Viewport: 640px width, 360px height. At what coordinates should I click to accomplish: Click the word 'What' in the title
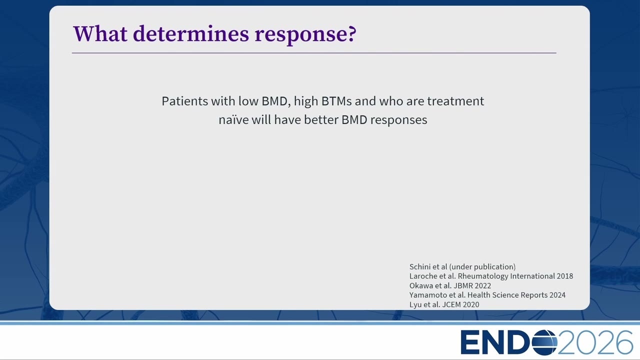[x=100, y=34]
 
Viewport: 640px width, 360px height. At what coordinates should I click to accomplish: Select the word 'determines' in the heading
[x=191, y=34]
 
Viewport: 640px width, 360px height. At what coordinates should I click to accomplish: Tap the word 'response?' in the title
[x=305, y=35]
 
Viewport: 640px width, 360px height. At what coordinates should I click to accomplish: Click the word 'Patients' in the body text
[x=185, y=101]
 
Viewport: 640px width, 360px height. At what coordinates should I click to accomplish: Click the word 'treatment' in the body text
[x=455, y=101]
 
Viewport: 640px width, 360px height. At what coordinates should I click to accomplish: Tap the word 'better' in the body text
[x=321, y=119]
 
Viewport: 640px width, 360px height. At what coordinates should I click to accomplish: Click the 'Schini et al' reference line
[x=462, y=267]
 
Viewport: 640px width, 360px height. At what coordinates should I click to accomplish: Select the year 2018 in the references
[x=564, y=276]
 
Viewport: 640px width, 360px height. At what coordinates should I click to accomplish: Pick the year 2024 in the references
[x=557, y=295]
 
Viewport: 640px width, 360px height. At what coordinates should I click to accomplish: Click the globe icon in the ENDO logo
[x=544, y=342]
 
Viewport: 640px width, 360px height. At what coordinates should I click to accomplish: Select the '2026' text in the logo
[x=595, y=342]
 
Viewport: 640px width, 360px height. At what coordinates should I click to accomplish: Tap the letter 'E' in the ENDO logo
[x=469, y=342]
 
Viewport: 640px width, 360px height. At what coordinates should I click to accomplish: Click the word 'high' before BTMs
[x=305, y=101]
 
